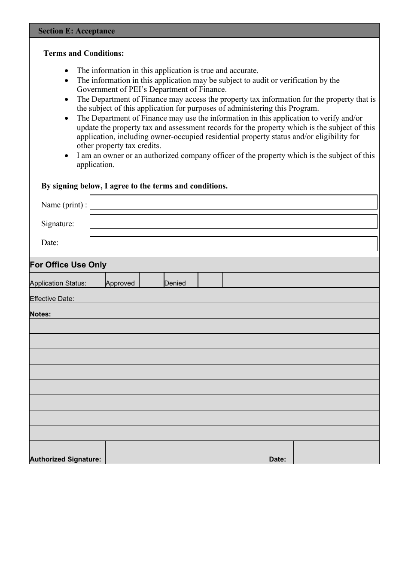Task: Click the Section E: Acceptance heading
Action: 76,31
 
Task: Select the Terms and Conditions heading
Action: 84,53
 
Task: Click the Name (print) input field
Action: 233,202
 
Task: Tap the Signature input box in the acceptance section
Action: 233,222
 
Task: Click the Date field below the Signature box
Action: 233,243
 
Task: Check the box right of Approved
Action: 151,280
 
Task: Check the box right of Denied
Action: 210,280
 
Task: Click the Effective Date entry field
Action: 230,295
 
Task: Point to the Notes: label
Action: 40,314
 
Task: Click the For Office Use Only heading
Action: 68,264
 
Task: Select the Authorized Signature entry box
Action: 187,452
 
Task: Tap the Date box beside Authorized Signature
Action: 336,452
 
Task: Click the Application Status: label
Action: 58,283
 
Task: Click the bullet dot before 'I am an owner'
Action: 66,155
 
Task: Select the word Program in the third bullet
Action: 302,108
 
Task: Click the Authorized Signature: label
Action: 65,459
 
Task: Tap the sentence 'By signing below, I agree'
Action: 134,186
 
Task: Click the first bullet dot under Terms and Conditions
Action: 66,70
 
